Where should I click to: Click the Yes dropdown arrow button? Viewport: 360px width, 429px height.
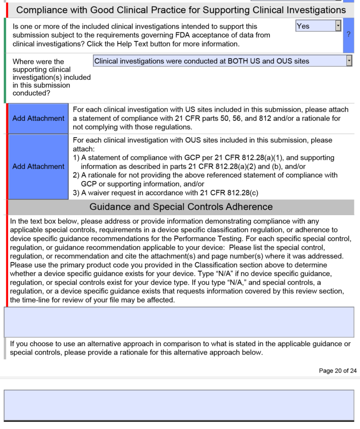tap(338, 26)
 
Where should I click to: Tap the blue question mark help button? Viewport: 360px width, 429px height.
tap(348, 34)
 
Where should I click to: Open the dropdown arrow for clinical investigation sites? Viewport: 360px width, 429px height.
tap(349, 61)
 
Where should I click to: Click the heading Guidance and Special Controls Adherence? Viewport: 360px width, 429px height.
tap(181, 207)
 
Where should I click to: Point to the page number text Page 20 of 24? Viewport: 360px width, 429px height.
tap(337, 370)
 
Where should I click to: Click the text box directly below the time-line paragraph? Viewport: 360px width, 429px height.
tap(179, 322)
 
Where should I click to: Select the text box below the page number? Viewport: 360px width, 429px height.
tap(179, 405)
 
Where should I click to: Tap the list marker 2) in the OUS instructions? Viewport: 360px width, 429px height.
tap(76, 175)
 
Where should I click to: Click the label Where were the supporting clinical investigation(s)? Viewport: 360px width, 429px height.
tap(52, 77)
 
